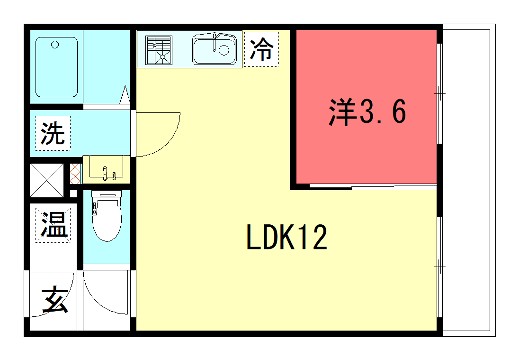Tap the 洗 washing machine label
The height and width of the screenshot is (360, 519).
tap(51, 133)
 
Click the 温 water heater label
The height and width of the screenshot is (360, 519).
tap(52, 225)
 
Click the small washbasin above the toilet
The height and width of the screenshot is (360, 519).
tap(104, 170)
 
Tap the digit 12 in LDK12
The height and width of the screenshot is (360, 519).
tap(310, 239)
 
